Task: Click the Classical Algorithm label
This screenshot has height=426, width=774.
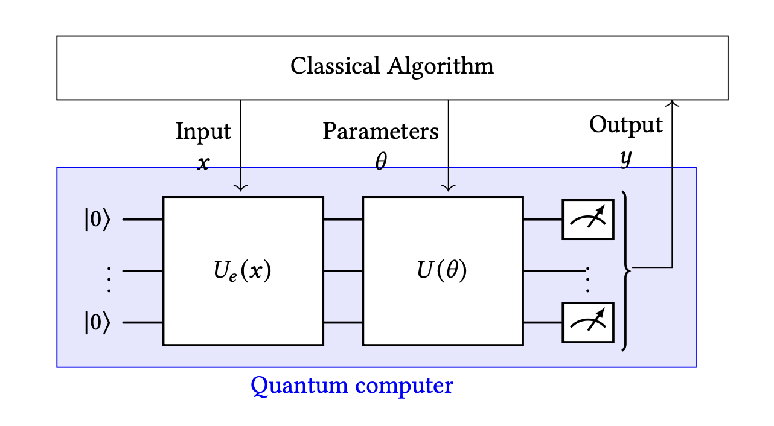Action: click(x=392, y=66)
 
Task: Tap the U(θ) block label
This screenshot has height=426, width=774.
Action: click(x=442, y=271)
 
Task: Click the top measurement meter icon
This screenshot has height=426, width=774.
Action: click(x=588, y=220)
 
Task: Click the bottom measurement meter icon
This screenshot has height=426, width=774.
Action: click(x=588, y=323)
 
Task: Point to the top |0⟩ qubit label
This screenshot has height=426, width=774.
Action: click(x=97, y=220)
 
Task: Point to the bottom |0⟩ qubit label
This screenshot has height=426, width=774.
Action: click(x=97, y=323)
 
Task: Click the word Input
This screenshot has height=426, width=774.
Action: click(x=203, y=131)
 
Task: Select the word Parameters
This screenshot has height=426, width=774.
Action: click(x=380, y=131)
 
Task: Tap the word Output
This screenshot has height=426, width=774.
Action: click(x=625, y=125)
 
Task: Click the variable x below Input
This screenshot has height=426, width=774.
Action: click(x=203, y=163)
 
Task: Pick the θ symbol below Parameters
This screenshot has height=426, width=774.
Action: click(x=380, y=162)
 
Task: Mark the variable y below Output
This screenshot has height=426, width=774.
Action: click(x=626, y=158)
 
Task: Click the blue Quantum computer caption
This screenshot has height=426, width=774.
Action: click(x=351, y=385)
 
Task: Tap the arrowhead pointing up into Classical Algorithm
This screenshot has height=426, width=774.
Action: click(x=672, y=104)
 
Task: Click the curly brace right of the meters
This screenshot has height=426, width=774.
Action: click(x=627, y=271)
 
